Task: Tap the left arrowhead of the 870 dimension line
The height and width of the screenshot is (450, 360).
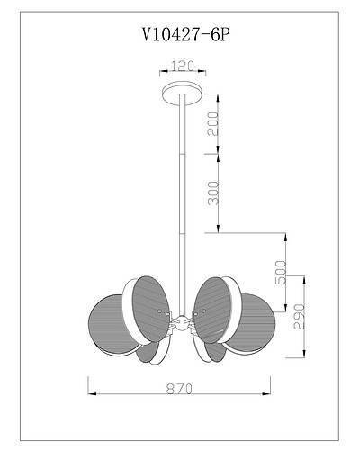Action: (91, 393)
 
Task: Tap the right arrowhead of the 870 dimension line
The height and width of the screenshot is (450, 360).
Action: (272, 393)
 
